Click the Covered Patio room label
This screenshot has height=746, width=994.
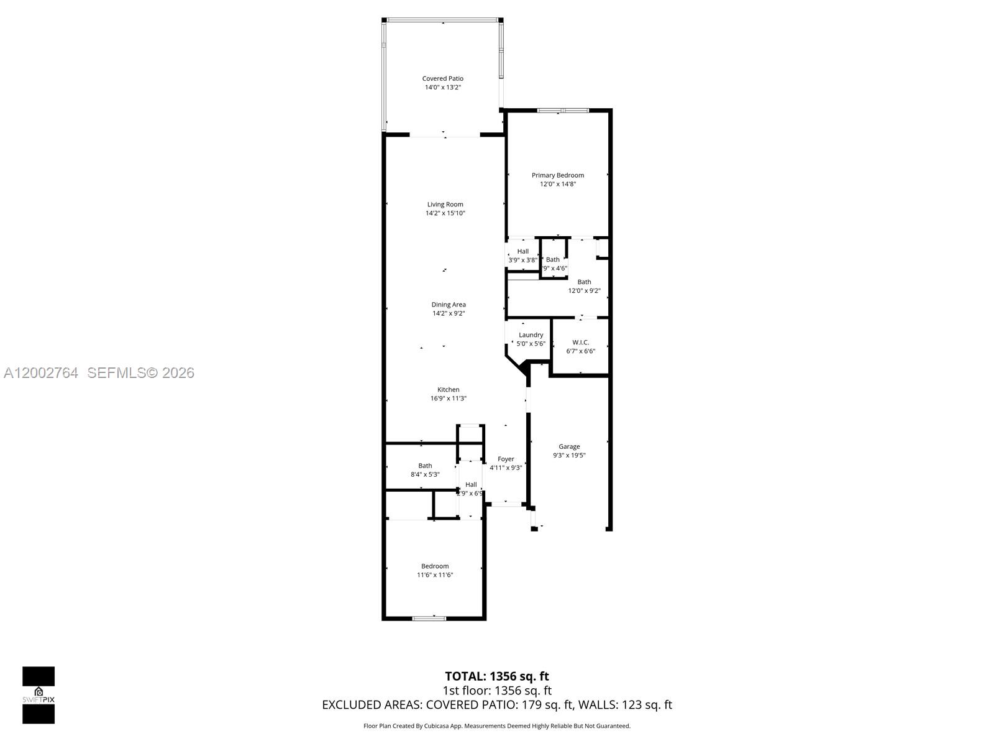pos(442,78)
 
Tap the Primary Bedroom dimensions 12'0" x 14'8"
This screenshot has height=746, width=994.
pos(557,184)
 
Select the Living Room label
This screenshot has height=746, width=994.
pos(445,204)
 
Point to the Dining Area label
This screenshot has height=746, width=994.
pos(449,305)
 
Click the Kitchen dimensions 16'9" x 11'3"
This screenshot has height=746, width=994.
pos(448,398)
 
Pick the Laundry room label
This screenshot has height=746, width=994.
pos(531,334)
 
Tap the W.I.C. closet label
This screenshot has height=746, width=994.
pos(580,343)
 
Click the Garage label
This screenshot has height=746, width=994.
pos(569,446)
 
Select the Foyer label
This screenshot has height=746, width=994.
pos(506,459)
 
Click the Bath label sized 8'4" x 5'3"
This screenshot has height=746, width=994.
pos(425,466)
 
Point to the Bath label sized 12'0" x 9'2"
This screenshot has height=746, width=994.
pos(584,282)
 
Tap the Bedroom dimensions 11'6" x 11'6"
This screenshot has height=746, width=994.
pos(434,575)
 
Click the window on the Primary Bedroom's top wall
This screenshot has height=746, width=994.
pos(562,111)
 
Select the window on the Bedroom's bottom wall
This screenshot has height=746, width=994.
pos(429,618)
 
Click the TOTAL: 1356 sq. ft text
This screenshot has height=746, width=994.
pos(496,676)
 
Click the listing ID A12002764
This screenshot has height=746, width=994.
pos(41,373)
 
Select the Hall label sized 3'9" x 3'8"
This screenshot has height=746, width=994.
pos(522,251)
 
